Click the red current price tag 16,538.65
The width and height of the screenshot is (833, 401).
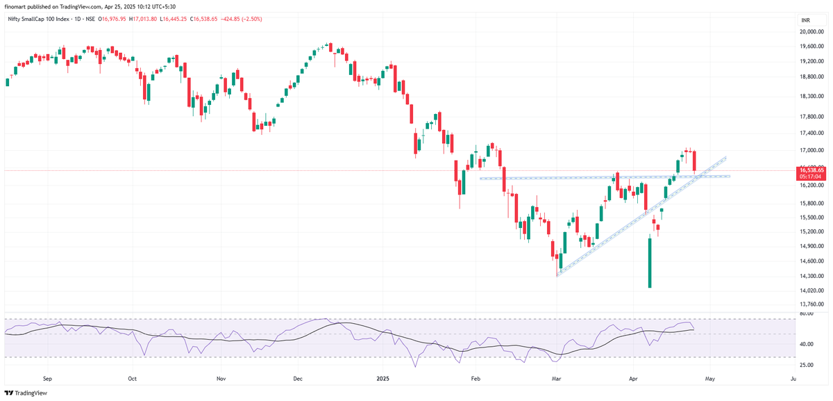811,170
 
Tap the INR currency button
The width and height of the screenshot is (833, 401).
805,20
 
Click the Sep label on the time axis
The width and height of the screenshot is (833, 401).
47,379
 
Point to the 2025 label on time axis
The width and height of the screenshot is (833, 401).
382,379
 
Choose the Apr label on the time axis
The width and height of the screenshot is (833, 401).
632,379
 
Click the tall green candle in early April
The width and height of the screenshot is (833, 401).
650,263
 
